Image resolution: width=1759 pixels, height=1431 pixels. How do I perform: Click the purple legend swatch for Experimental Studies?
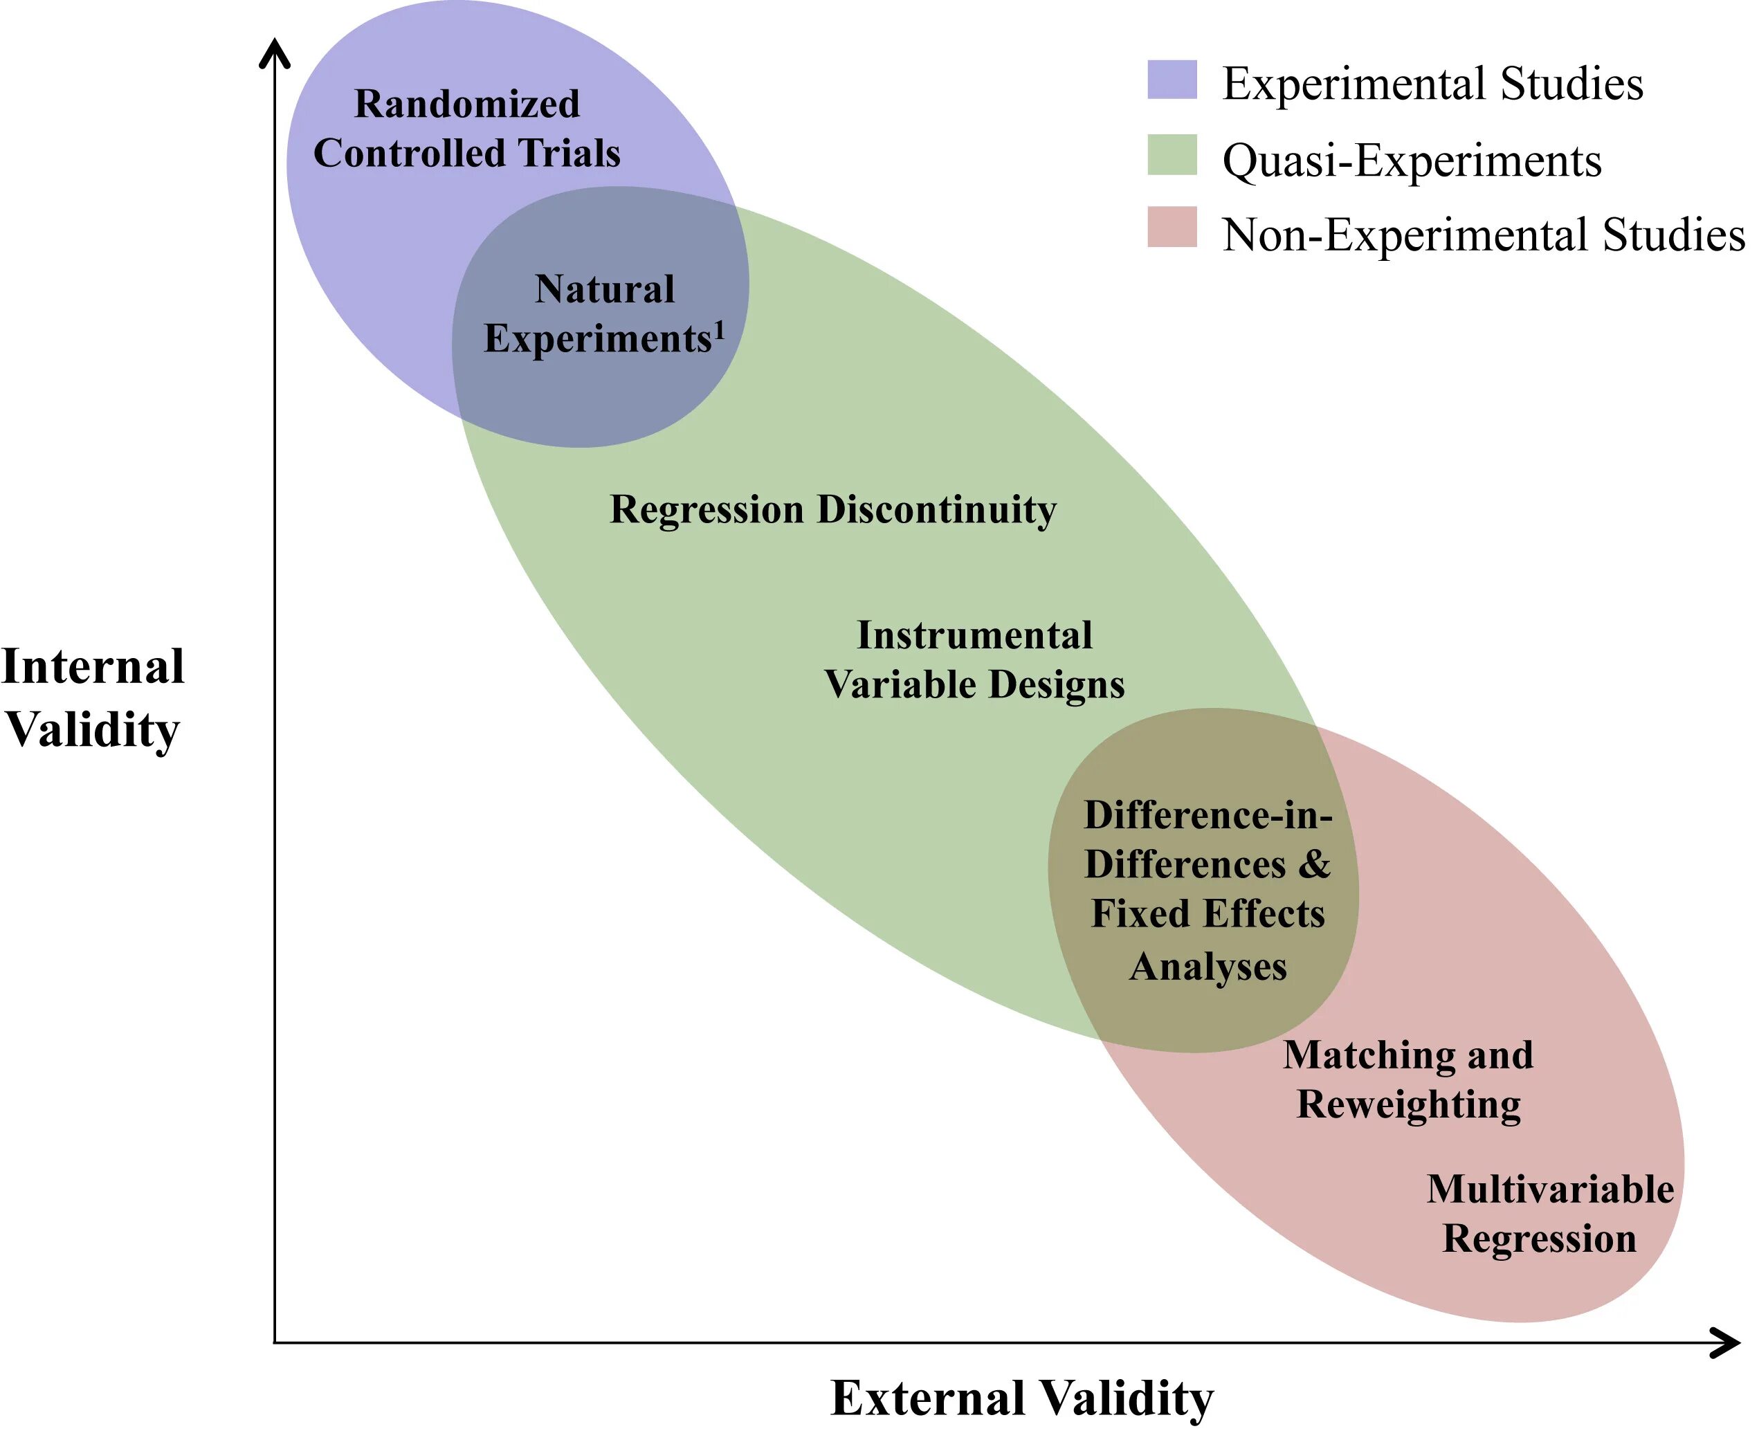pos(1172,80)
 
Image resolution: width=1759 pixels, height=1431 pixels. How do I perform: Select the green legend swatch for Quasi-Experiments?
pos(1172,155)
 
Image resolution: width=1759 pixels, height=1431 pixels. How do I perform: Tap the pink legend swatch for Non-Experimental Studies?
pos(1172,227)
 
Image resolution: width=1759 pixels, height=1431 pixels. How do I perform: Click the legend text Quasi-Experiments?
pos(1411,160)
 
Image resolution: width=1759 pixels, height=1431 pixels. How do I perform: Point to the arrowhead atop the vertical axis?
pos(275,51)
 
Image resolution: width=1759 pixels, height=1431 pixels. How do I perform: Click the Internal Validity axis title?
pos(92,698)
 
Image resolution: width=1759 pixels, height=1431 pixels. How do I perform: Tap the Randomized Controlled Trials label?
pos(466,129)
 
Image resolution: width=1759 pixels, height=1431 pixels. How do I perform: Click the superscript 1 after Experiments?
pos(719,329)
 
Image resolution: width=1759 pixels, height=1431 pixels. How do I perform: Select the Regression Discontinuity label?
pos(832,509)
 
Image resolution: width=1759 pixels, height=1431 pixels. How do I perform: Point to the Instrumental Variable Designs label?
pos(974,659)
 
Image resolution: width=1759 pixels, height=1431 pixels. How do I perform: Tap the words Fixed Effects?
pos(1207,914)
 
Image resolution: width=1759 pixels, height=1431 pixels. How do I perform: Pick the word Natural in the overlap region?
pos(604,289)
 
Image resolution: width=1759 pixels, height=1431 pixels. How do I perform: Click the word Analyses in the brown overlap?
pos(1207,966)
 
